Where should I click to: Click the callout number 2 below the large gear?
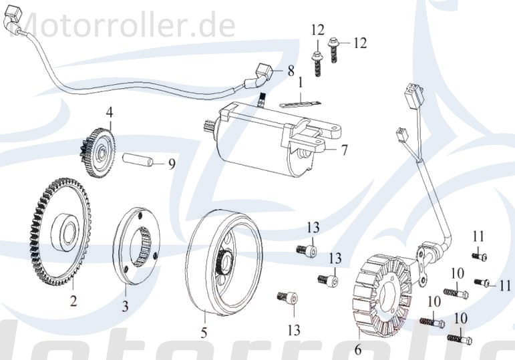point(73,301)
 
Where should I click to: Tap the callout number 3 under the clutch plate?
point(124,307)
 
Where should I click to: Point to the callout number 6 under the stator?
point(357,349)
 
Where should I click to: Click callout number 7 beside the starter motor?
point(344,151)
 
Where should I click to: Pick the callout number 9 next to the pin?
point(171,162)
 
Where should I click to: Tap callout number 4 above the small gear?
point(108,114)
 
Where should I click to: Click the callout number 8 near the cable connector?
point(291,70)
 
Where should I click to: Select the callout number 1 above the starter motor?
point(301,83)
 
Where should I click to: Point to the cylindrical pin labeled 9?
point(138,160)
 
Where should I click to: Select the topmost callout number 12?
point(317,29)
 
